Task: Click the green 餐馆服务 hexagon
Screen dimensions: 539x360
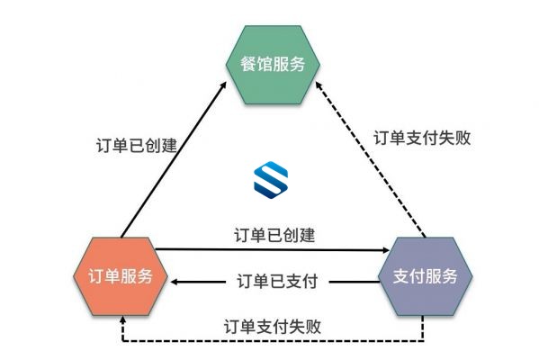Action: tap(273, 65)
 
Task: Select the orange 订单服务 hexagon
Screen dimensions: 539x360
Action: tap(121, 276)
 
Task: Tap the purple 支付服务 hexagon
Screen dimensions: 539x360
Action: tap(426, 276)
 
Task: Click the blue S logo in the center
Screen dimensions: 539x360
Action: tap(271, 180)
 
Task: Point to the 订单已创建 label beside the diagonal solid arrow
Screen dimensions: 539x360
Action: tap(137, 146)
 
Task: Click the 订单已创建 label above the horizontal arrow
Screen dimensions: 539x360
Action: tap(274, 235)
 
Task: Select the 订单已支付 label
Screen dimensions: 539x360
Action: tap(277, 282)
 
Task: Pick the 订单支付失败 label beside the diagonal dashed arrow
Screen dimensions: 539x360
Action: tap(422, 139)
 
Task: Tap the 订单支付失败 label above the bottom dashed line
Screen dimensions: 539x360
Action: tap(273, 327)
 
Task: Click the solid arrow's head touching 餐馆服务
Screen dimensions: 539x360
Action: tap(224, 85)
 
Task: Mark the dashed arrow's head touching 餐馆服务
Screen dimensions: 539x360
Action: tap(319, 85)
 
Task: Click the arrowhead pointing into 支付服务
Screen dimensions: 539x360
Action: tap(386, 250)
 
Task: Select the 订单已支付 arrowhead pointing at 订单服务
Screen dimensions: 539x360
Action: tap(175, 282)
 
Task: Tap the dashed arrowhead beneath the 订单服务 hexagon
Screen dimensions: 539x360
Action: tap(122, 319)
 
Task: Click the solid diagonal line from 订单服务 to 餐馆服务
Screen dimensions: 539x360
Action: tap(174, 159)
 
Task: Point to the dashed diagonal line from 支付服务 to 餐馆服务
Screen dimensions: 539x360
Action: tap(371, 159)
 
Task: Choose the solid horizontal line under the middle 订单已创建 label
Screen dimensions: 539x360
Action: tap(273, 249)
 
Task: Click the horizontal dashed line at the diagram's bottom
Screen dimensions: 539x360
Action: tap(273, 341)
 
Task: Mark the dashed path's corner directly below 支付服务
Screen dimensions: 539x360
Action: tap(423, 341)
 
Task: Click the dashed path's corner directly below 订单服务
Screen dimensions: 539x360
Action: tap(122, 341)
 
